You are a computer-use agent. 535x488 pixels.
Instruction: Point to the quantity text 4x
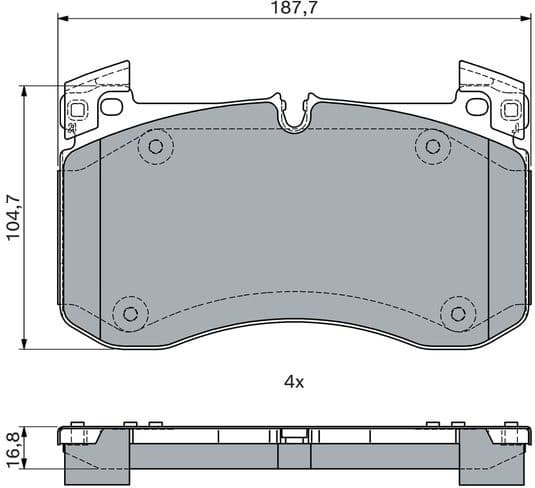(293, 381)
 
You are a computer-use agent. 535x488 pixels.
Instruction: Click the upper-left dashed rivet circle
(154, 148)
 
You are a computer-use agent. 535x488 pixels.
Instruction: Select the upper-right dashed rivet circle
(432, 147)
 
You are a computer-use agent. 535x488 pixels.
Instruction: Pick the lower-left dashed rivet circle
(128, 313)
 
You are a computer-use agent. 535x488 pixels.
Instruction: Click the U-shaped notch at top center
(293, 116)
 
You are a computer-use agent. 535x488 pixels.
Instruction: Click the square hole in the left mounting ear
(77, 110)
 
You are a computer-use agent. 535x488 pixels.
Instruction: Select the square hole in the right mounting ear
(510, 110)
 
